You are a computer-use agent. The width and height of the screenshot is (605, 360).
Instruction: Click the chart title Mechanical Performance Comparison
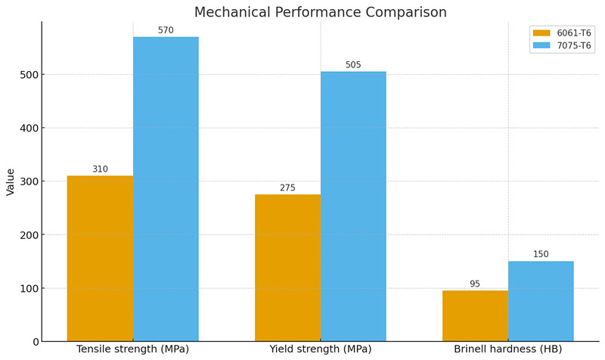(x=320, y=13)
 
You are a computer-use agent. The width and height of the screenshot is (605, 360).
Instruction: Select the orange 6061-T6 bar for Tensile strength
(x=100, y=259)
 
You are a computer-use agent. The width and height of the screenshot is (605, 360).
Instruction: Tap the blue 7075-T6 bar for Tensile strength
(x=166, y=189)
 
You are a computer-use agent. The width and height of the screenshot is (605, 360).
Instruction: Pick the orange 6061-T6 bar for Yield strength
(x=287, y=268)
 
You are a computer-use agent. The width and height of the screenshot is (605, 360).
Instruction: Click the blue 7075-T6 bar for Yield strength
(x=353, y=206)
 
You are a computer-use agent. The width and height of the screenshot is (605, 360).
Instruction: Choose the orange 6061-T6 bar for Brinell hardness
(x=475, y=316)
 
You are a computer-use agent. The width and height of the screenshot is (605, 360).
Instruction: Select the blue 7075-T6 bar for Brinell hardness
(x=541, y=301)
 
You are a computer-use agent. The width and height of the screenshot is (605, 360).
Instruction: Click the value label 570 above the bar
(x=166, y=31)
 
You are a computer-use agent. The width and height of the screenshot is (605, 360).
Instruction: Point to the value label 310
(x=100, y=169)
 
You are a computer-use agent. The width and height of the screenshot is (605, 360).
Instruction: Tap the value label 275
(x=287, y=188)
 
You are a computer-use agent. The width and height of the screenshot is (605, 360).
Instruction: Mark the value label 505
(x=353, y=65)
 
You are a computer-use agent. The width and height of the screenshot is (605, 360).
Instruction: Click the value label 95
(x=475, y=284)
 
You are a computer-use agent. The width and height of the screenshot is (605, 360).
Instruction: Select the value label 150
(x=541, y=255)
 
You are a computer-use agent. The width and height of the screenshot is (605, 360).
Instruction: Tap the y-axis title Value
(x=11, y=182)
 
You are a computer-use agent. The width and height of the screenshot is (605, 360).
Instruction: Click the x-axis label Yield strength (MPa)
(x=320, y=349)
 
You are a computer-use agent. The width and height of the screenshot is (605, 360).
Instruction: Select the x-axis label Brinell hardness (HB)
(x=507, y=349)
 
